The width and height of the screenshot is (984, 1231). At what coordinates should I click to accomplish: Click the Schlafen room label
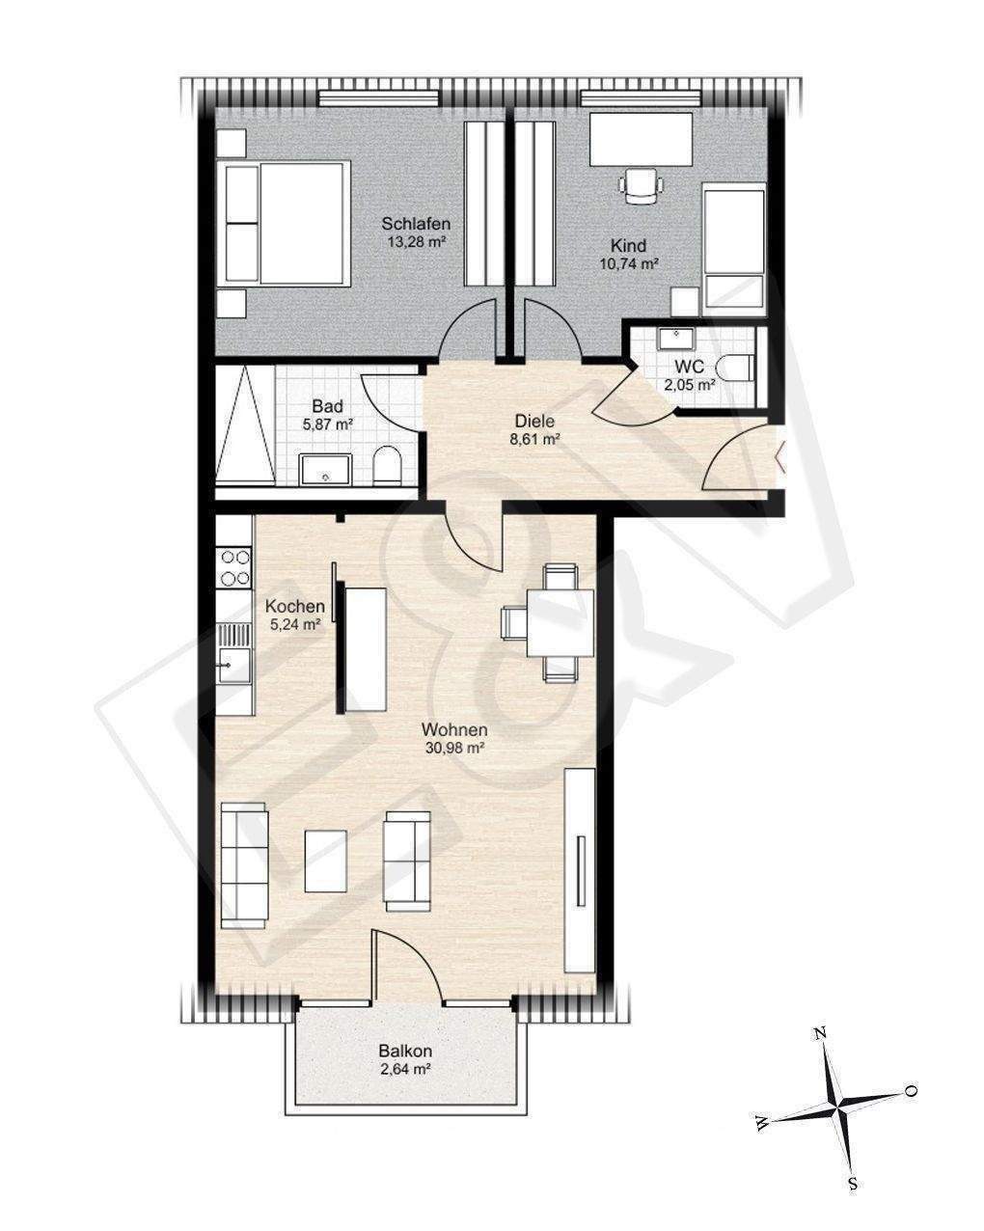click(x=416, y=224)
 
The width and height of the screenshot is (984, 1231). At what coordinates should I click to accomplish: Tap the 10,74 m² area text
click(x=628, y=263)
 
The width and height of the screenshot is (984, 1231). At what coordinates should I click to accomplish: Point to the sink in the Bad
click(x=326, y=469)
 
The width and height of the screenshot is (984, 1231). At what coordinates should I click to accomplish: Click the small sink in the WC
click(x=675, y=339)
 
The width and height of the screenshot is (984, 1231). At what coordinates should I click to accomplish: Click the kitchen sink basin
click(x=234, y=666)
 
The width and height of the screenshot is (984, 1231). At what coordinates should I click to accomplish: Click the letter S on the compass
click(x=853, y=1184)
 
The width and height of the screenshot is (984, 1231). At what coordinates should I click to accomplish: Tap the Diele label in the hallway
click(x=534, y=421)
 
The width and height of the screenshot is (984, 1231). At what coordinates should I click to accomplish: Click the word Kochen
click(x=294, y=606)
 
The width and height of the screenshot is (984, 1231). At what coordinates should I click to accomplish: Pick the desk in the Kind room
click(x=641, y=139)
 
